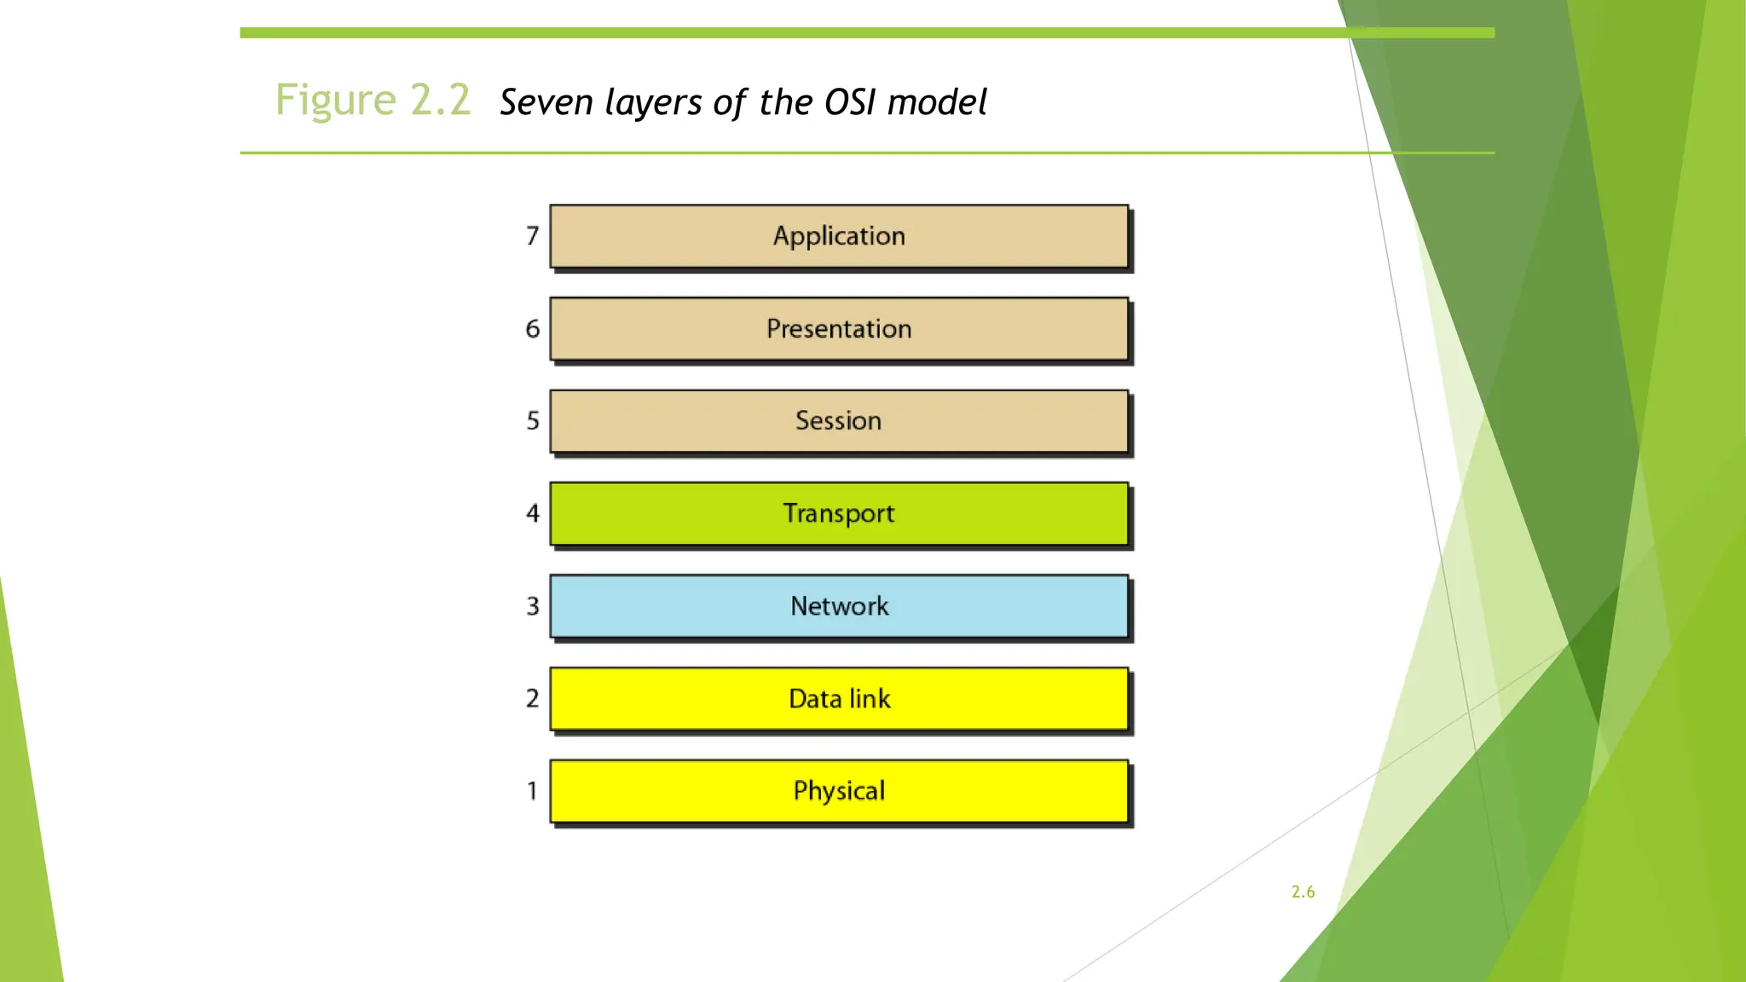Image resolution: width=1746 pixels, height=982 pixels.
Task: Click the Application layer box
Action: (839, 236)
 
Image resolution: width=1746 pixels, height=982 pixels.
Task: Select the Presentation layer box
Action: (839, 329)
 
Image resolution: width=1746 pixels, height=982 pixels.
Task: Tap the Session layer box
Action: (839, 421)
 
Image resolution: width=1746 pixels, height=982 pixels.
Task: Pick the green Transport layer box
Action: (839, 514)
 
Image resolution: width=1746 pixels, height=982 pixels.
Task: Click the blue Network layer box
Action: (839, 606)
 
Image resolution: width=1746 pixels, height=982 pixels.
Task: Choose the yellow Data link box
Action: (839, 699)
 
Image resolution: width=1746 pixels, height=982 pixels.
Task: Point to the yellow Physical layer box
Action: (839, 791)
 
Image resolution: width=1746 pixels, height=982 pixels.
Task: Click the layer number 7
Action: (533, 236)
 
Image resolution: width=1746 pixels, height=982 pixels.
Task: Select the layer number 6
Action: (533, 329)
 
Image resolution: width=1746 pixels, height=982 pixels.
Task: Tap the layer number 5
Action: (533, 421)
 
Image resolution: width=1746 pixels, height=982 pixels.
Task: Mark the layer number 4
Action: (533, 513)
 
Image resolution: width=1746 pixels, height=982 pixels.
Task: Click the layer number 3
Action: (533, 606)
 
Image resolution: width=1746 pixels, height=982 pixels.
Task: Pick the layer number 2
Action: (533, 698)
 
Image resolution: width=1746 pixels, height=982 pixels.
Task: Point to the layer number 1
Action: (533, 791)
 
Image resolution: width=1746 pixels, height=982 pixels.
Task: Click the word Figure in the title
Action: (336, 101)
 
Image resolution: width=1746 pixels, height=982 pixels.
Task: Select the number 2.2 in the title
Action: (440, 101)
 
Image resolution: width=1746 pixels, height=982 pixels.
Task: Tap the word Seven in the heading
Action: (546, 103)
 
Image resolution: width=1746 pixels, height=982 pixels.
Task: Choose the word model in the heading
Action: (937, 103)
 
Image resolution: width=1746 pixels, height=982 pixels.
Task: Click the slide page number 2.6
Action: (1303, 892)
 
